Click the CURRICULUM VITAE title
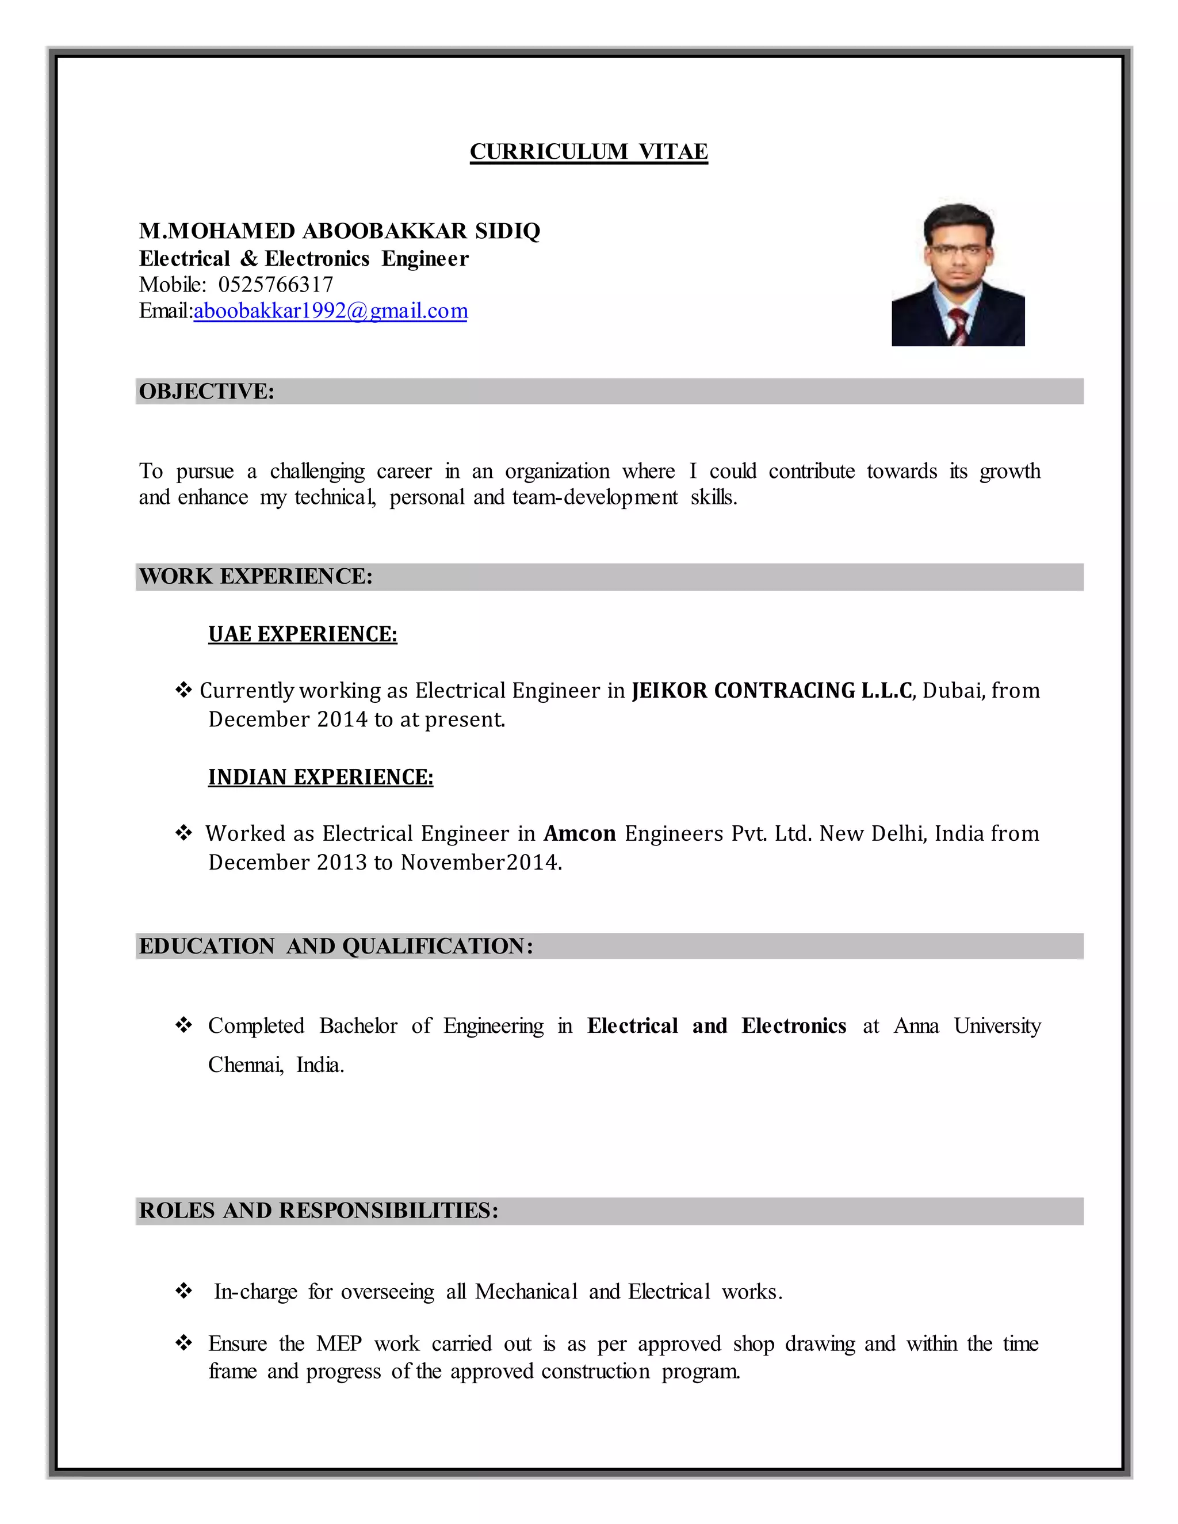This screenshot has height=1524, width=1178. (588, 151)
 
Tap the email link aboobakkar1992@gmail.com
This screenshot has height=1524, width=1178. (330, 311)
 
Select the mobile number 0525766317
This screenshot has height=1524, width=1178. (276, 285)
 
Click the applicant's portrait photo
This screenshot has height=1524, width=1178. (958, 275)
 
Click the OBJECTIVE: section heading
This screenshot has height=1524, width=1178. (206, 392)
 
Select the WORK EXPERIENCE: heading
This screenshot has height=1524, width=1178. (255, 576)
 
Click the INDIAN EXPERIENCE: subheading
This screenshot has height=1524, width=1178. (320, 778)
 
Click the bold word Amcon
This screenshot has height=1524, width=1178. (579, 834)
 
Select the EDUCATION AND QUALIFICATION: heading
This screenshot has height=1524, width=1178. (336, 946)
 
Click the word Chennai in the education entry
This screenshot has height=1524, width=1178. (245, 1065)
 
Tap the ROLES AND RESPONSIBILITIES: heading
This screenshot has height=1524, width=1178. (318, 1211)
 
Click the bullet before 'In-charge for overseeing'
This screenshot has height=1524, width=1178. (183, 1291)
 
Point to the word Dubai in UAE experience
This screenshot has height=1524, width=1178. (952, 691)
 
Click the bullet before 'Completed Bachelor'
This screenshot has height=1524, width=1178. (183, 1025)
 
